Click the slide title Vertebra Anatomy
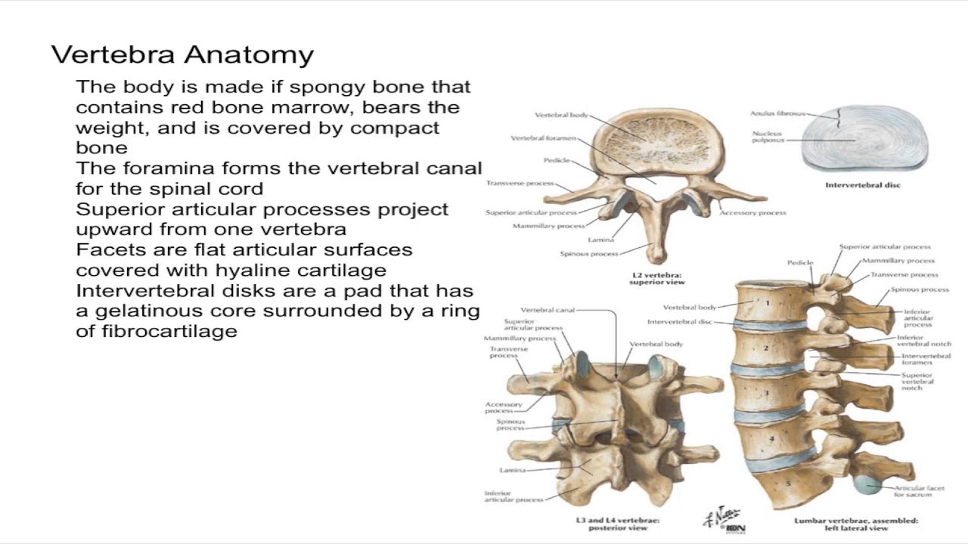coord(182,55)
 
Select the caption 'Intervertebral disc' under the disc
coord(863,185)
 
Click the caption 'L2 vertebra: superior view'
coord(657,278)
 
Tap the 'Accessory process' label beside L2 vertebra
coord(752,213)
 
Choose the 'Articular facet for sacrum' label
coord(919,492)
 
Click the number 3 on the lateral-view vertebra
coord(765,393)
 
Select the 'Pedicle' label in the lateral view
coord(799,263)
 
